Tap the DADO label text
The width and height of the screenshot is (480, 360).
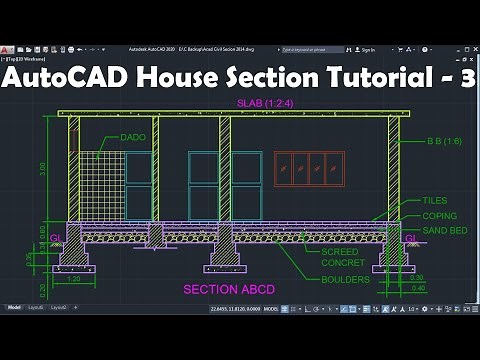(133, 137)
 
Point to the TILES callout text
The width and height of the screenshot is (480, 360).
(435, 201)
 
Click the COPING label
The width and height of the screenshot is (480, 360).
(439, 216)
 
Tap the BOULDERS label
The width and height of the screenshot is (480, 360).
(345, 279)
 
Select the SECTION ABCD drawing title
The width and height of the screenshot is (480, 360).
(228, 290)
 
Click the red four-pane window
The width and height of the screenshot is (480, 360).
(309, 169)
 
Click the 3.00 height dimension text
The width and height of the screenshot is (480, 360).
(41, 168)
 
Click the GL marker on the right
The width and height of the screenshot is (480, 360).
(411, 238)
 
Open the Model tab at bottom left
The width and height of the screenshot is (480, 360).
(15, 307)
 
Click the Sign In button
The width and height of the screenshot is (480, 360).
(366, 49)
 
